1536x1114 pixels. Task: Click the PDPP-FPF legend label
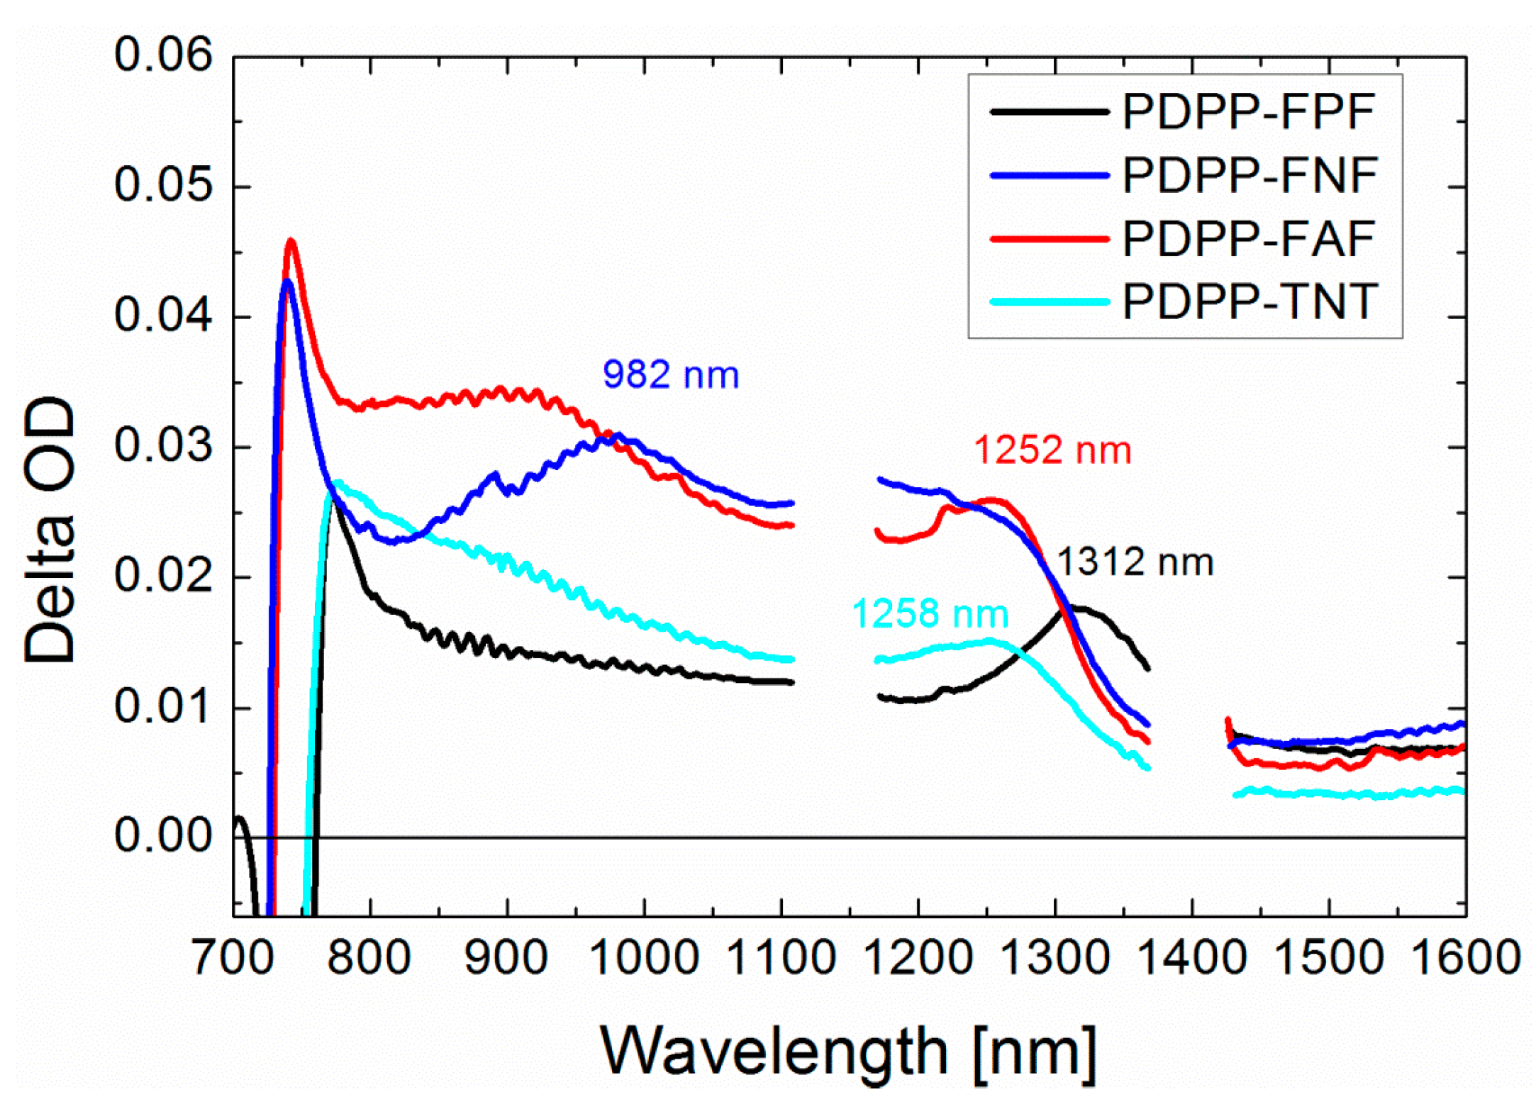(x=1248, y=112)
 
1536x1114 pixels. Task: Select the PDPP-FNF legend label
(x=1250, y=175)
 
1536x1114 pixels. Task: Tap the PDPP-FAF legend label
(x=1248, y=239)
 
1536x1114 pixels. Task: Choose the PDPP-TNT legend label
(x=1250, y=302)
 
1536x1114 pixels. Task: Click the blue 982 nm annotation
(x=670, y=374)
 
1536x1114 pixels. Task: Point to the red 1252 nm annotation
(x=1052, y=450)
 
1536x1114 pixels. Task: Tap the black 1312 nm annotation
(x=1135, y=562)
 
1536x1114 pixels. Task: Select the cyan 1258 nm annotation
(x=930, y=613)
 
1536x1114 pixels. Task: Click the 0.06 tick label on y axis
(x=163, y=55)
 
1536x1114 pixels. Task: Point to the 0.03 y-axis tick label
(x=163, y=446)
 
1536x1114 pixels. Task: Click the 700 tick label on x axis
(x=233, y=957)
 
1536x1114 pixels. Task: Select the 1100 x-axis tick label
(x=781, y=957)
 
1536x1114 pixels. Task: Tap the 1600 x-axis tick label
(x=1465, y=957)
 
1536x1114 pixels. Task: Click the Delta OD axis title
(x=50, y=530)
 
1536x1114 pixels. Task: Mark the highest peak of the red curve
(x=290, y=241)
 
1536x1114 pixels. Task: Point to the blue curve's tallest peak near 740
(x=286, y=282)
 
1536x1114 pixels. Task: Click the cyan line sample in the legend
(x=1049, y=302)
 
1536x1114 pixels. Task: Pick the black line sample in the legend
(x=1049, y=112)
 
